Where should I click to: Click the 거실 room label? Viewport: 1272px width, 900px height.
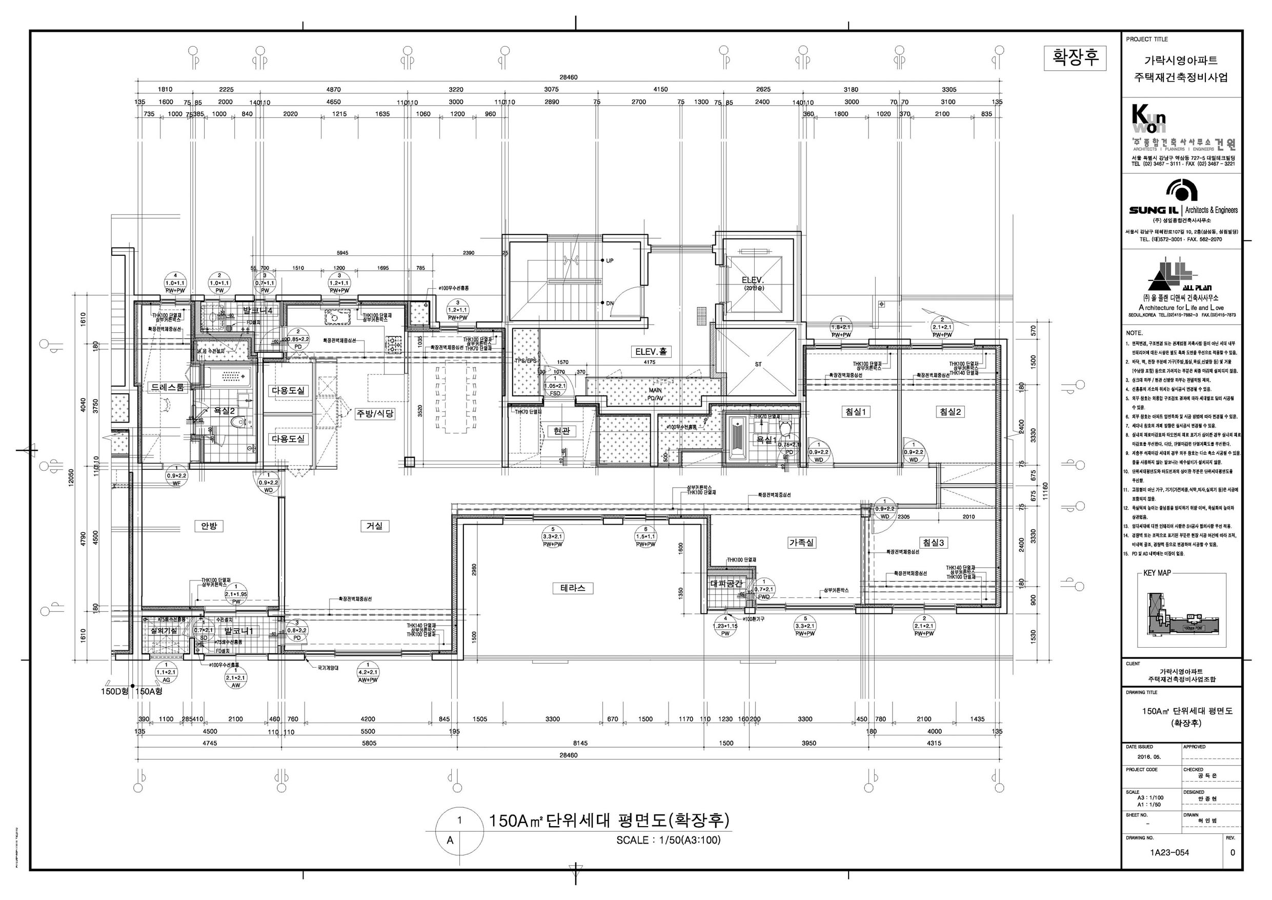[374, 526]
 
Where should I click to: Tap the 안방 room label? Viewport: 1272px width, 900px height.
[209, 526]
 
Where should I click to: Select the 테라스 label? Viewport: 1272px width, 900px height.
[572, 588]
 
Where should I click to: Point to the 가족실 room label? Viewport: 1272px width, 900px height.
[801, 543]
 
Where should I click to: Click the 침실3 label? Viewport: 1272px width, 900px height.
[934, 543]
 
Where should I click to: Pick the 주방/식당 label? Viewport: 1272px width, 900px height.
[375, 413]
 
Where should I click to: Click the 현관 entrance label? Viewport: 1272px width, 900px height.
[561, 431]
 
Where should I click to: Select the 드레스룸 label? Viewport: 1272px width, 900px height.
[167, 387]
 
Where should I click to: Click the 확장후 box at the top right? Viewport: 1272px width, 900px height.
[1074, 57]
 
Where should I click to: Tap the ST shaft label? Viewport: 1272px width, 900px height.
[758, 364]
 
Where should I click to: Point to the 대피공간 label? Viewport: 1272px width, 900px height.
[726, 584]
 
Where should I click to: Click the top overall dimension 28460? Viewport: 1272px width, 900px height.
[568, 77]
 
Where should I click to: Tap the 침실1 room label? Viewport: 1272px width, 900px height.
[855, 412]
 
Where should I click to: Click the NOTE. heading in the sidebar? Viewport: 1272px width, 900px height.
[1135, 333]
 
